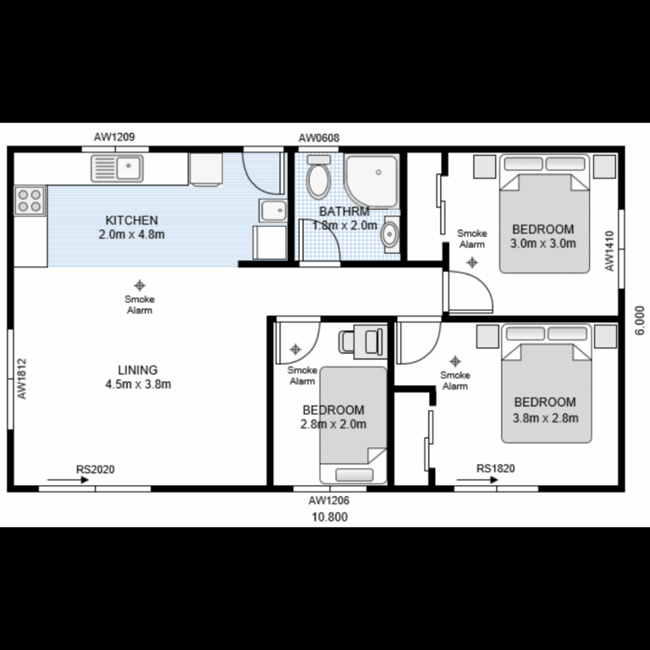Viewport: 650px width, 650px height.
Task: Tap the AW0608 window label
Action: [x=318, y=137]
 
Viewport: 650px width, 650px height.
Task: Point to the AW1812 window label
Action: [x=23, y=378]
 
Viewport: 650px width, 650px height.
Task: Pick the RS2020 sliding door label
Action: [x=95, y=468]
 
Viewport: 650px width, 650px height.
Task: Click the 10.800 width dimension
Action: [x=329, y=517]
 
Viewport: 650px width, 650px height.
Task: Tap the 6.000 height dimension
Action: [x=640, y=322]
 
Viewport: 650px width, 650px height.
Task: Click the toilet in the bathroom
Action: [x=318, y=177]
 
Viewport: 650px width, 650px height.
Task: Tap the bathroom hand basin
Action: [x=389, y=234]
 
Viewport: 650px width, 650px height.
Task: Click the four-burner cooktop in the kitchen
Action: [x=29, y=200]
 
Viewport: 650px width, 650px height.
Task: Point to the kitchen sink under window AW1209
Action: [x=118, y=168]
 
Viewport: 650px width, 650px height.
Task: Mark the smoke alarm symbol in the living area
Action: [x=139, y=285]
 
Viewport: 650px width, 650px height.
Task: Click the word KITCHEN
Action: [x=131, y=220]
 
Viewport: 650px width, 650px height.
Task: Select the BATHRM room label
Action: [x=344, y=212]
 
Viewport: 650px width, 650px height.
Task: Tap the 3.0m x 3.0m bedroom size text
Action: [x=543, y=244]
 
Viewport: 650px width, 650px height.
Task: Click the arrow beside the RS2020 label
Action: [x=68, y=480]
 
